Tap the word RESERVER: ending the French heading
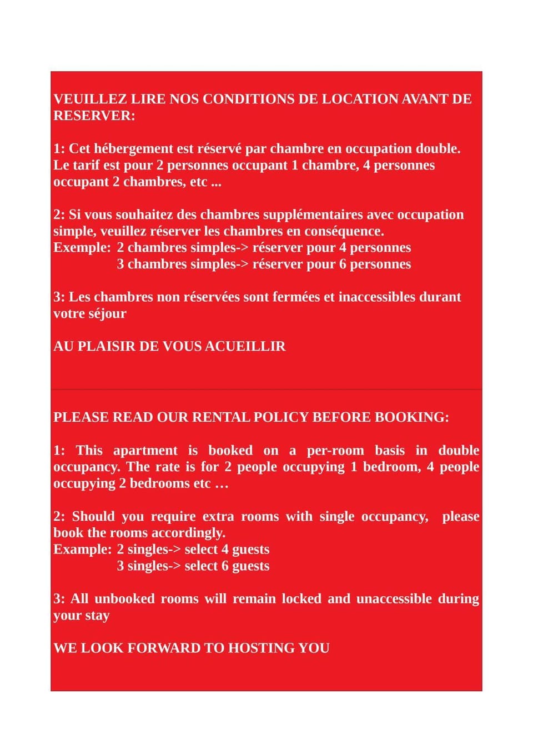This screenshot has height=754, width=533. tap(94, 116)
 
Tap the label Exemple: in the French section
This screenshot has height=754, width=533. tap(82, 247)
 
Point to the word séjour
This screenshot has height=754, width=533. tap(107, 313)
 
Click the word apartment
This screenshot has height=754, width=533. tap(145, 450)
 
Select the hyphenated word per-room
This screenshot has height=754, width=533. tap(335, 450)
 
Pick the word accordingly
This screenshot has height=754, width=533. tap(189, 533)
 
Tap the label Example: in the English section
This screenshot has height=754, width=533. tap(83, 549)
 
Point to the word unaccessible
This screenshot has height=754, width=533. tap(394, 598)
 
